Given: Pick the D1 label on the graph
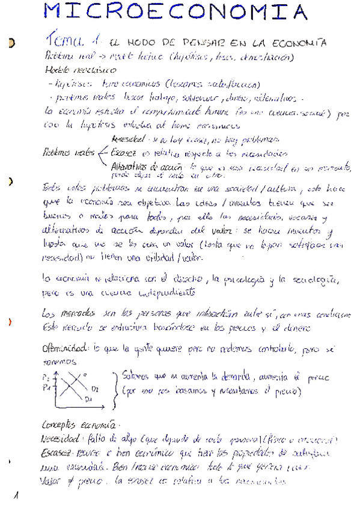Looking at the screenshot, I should tap(88, 399).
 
